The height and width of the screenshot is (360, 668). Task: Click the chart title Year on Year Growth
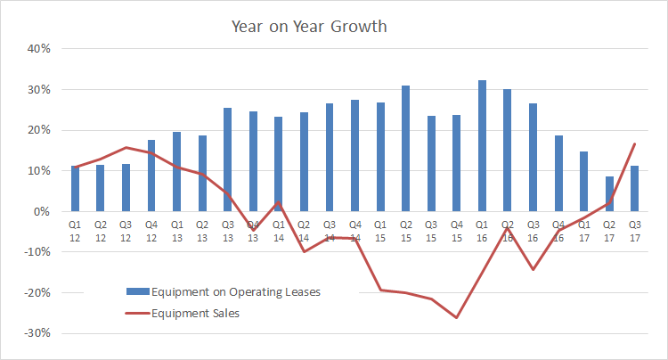pyautogui.click(x=309, y=26)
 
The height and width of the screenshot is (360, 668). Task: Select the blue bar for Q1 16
pyautogui.click(x=482, y=146)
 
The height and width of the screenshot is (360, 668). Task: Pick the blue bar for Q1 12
pyautogui.click(x=76, y=189)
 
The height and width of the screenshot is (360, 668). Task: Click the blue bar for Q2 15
pyautogui.click(x=405, y=149)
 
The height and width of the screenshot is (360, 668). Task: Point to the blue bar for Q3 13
pyautogui.click(x=228, y=160)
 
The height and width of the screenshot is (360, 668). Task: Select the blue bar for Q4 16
pyautogui.click(x=558, y=174)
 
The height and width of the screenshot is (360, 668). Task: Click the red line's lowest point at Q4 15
pyautogui.click(x=457, y=317)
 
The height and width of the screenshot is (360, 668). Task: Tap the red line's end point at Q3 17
pyautogui.click(x=634, y=144)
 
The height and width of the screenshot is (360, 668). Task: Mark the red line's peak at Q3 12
pyautogui.click(x=126, y=148)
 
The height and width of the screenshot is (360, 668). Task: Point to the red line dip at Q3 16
pyautogui.click(x=533, y=269)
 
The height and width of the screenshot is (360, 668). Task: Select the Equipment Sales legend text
pyautogui.click(x=195, y=313)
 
